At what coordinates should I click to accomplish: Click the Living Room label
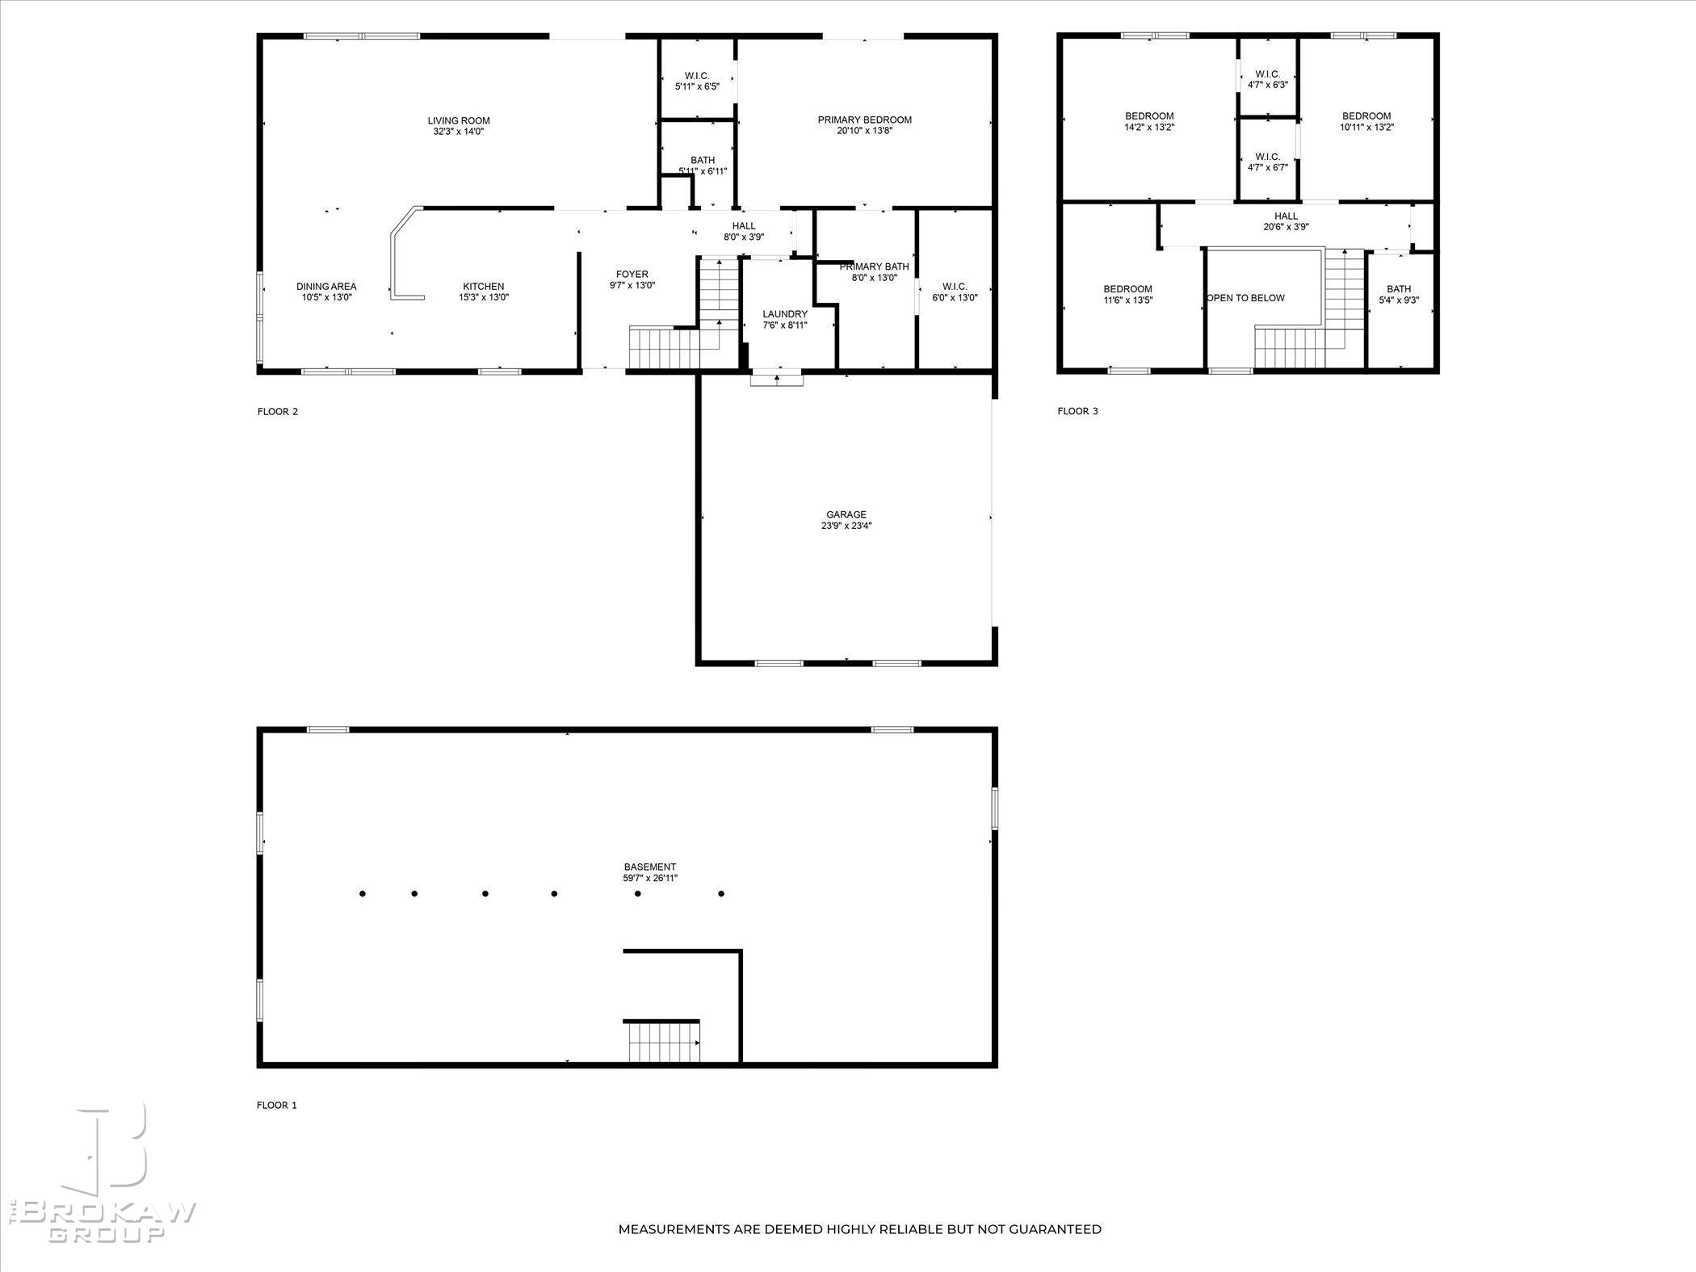tap(459, 121)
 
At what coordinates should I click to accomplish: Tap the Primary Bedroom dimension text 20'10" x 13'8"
tap(864, 131)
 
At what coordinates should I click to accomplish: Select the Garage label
tap(846, 514)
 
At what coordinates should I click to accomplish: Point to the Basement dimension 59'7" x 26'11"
tap(650, 878)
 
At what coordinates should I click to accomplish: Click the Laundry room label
tap(785, 314)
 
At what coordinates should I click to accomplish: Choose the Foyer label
tap(632, 275)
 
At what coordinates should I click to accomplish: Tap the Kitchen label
tap(484, 287)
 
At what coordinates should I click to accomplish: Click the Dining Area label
tap(326, 287)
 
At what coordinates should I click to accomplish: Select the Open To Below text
tap(1245, 298)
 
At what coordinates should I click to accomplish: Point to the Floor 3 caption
tap(1077, 411)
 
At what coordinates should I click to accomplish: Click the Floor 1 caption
tap(277, 1106)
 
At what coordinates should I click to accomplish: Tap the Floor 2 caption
tap(278, 412)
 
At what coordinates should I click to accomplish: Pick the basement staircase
tap(662, 1042)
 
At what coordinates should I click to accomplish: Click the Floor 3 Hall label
tap(1286, 216)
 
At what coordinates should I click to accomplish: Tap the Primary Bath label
tap(874, 267)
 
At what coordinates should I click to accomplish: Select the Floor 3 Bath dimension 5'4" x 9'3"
tap(1399, 300)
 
